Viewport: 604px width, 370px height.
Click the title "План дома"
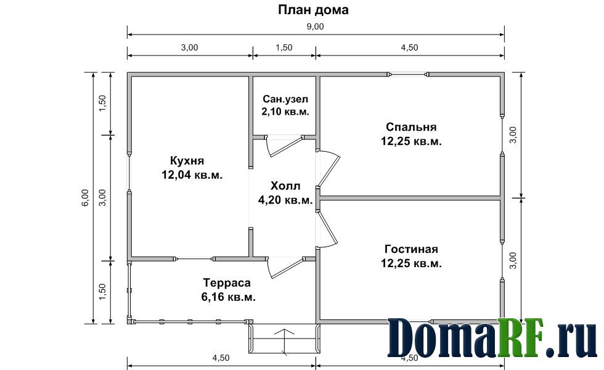313,10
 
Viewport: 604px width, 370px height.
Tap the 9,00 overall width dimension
316,27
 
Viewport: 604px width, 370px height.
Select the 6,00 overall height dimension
85,197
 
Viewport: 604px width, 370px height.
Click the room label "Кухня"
187,160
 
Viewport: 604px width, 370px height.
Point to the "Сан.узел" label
285,99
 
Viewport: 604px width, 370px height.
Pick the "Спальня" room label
411,127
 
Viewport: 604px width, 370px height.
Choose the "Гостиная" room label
411,249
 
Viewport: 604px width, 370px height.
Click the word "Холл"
285,186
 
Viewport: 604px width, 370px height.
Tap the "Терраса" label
227,283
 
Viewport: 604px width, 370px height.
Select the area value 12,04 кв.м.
192,175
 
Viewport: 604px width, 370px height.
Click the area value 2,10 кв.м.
285,112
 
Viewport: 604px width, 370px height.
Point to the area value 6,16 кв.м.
228,297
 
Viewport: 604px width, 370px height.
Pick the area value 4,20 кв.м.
285,200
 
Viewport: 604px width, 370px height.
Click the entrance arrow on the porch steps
285,342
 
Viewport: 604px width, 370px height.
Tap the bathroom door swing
285,147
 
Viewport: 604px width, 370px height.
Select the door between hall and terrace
285,268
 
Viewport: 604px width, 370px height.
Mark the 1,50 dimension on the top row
284,47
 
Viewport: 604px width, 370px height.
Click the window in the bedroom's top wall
408,75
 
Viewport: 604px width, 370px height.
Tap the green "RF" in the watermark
521,338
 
